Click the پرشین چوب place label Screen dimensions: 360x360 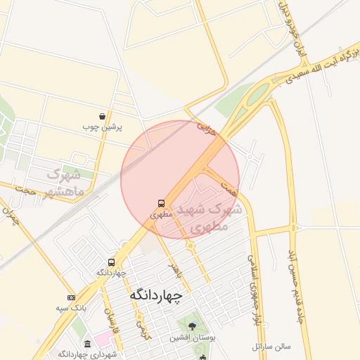pyautogui.click(x=103, y=127)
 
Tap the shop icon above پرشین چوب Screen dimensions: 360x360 pyautogui.click(x=103, y=117)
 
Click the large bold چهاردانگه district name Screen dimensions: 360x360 pyautogui.click(x=155, y=297)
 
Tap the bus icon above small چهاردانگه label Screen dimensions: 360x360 pyautogui.click(x=111, y=262)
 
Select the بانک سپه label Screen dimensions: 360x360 pyautogui.click(x=71, y=308)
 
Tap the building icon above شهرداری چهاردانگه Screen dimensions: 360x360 pyautogui.click(x=87, y=344)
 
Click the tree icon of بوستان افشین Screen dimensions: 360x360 pyautogui.click(x=192, y=326)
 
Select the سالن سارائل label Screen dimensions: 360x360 pyautogui.click(x=271, y=346)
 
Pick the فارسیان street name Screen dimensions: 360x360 pyautogui.click(x=108, y=314)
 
